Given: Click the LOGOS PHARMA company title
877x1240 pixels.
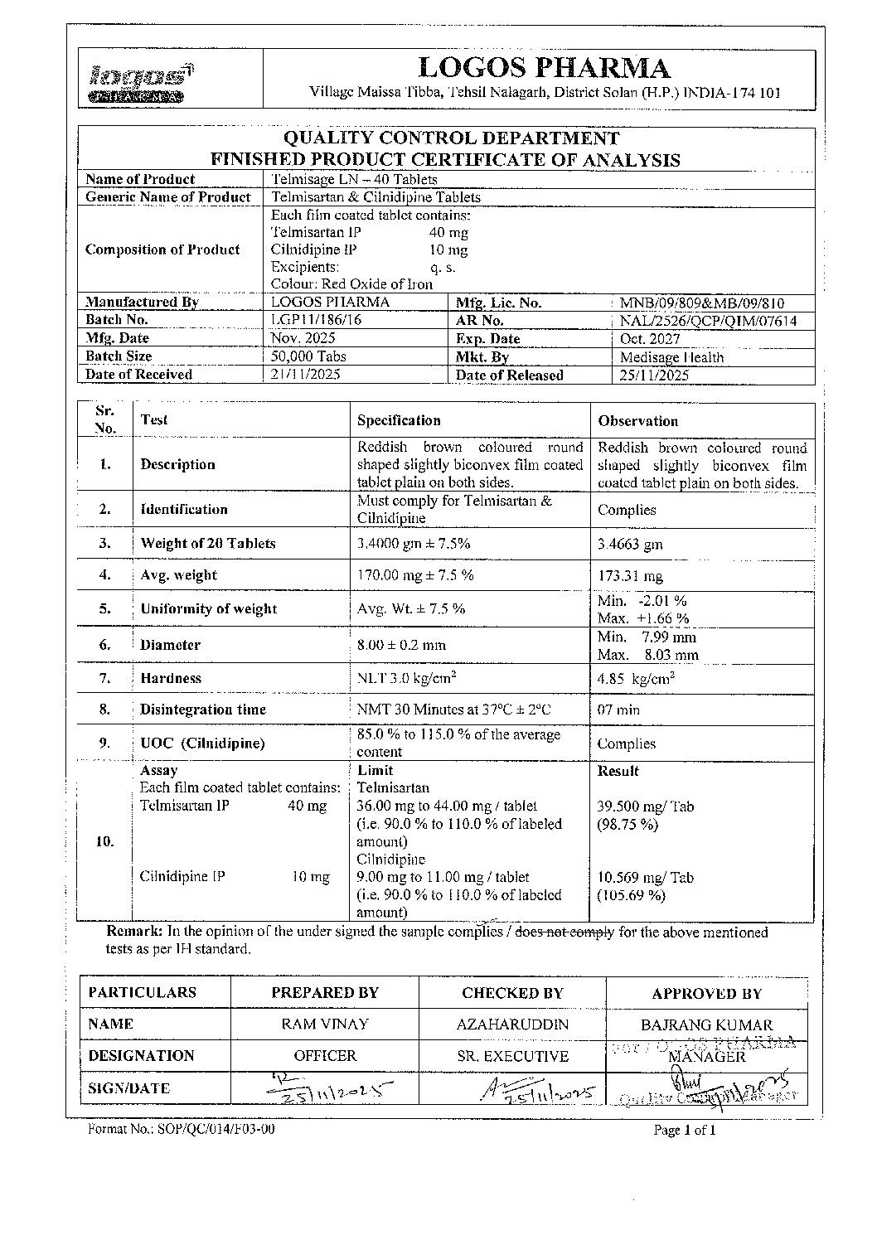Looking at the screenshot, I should click(544, 68).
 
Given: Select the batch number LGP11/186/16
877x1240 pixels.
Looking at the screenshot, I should click(313, 320).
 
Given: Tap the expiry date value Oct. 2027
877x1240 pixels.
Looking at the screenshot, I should click(650, 339).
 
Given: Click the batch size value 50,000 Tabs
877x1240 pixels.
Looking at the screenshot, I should click(309, 356).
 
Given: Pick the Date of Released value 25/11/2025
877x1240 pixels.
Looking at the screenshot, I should click(654, 375).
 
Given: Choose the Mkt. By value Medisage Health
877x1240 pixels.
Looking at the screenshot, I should click(671, 357).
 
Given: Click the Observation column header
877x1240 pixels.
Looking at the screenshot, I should click(637, 421).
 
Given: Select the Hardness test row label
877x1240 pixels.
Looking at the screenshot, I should click(171, 678).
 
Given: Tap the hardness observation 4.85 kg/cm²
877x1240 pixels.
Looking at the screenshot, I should click(636, 679).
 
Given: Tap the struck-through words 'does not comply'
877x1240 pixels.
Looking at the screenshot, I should click(564, 932).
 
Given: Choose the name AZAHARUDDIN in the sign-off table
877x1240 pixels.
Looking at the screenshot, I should click(512, 1024).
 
